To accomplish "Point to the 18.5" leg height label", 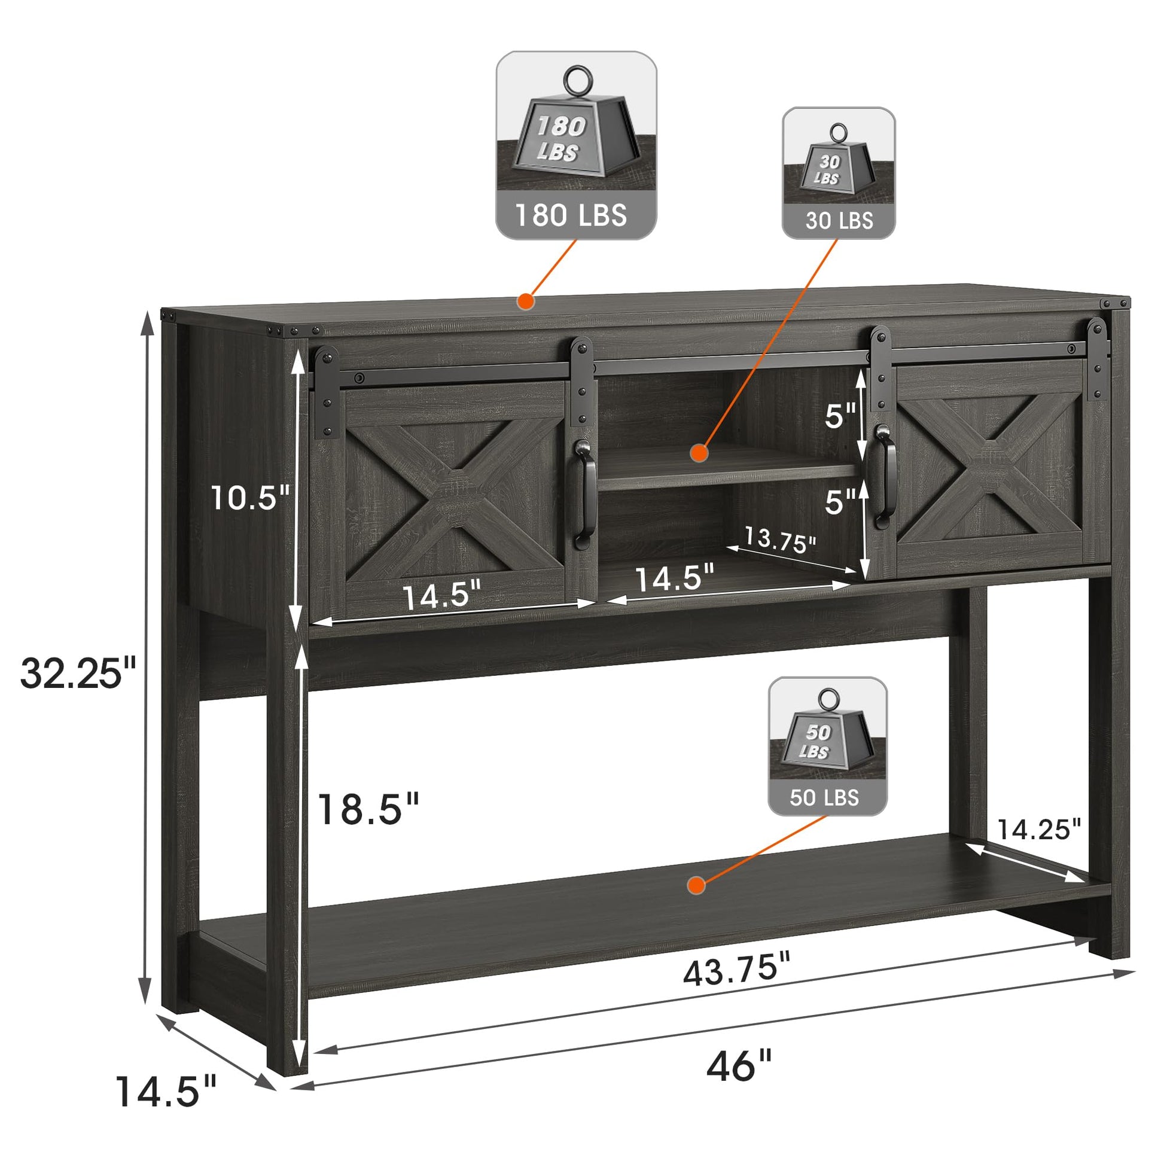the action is pyautogui.click(x=368, y=809).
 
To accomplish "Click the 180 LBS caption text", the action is pyautogui.click(x=571, y=215).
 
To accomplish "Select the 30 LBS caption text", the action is pyautogui.click(x=839, y=221).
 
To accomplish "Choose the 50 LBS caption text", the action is pyautogui.click(x=824, y=798).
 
